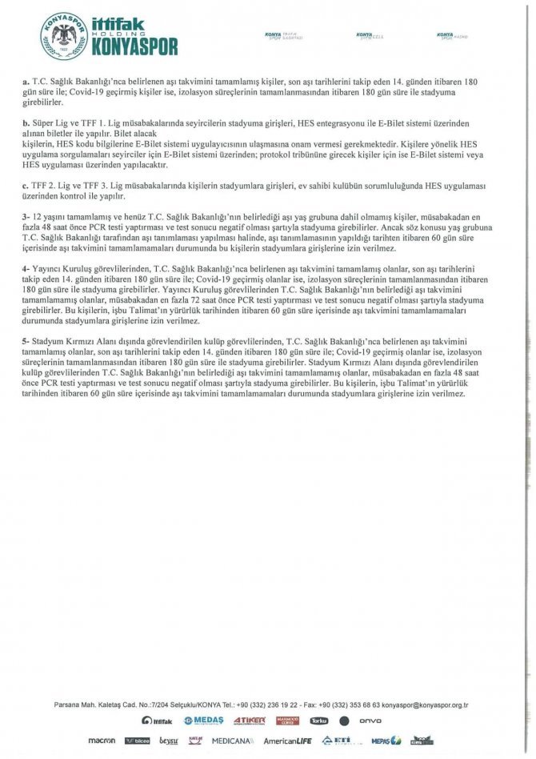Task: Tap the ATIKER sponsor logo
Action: (x=249, y=721)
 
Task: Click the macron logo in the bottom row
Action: (x=102, y=741)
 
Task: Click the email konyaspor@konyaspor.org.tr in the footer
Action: (x=425, y=705)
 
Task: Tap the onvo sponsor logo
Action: (x=370, y=721)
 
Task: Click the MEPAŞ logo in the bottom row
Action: (x=385, y=741)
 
